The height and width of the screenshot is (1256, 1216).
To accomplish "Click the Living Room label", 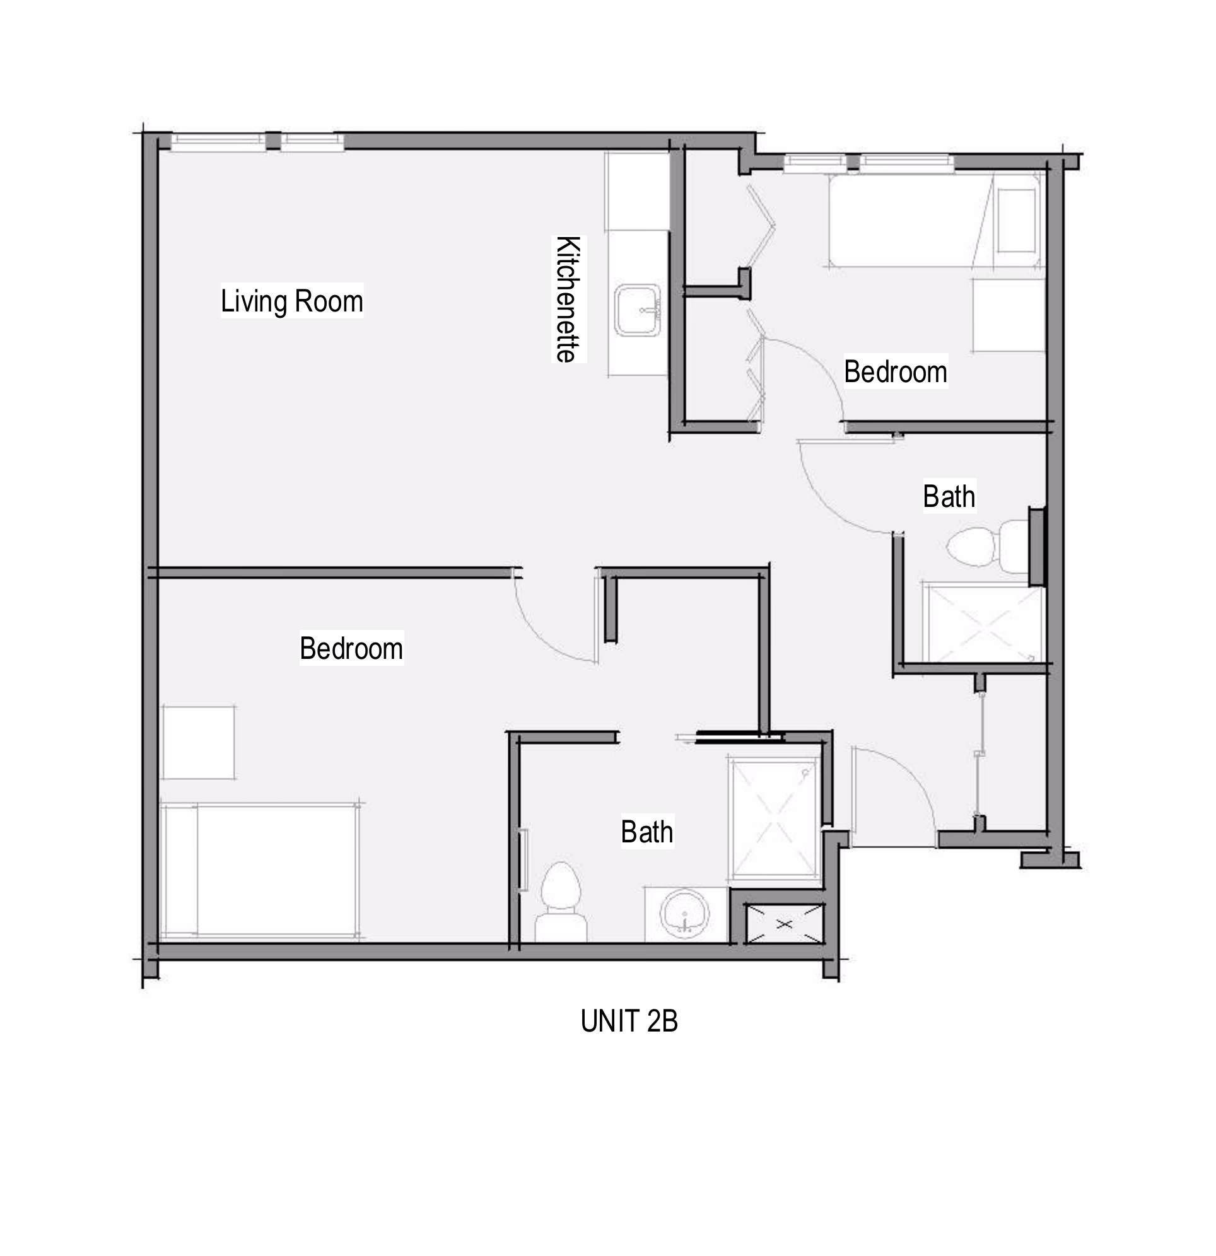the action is point(291,301).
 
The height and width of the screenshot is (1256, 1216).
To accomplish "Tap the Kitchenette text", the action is point(568,299).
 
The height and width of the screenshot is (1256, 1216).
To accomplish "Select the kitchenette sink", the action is point(637,311).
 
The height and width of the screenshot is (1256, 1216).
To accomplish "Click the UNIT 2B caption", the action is point(629,1021).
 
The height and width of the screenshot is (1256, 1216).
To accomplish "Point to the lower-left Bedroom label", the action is point(351,649).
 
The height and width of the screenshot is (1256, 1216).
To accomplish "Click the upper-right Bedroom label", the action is point(896,371).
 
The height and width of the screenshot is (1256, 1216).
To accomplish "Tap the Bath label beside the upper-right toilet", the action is point(949,497).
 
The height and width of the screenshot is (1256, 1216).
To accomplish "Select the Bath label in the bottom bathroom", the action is point(646,832).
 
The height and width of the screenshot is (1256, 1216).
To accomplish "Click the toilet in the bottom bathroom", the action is point(561,902).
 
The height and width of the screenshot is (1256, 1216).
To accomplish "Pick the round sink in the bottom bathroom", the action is point(685,913).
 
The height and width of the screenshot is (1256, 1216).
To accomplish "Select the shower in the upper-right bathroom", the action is point(983,623).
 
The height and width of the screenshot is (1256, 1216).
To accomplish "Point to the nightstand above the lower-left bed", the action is point(197,742).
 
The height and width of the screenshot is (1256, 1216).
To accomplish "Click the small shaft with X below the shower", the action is point(785,924).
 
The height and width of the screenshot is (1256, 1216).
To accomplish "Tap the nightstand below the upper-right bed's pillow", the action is point(1009,315).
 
